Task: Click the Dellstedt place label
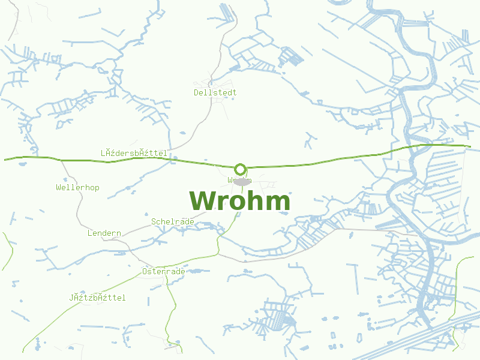coord(215,92)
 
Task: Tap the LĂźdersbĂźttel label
coord(134,154)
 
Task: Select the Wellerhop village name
coord(77,187)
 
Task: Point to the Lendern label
coord(104,233)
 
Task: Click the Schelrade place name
coord(173,221)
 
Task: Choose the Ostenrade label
coord(164,271)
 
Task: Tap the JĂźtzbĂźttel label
coord(97,298)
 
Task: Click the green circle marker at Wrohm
coord(241,169)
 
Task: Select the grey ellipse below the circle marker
coord(241,181)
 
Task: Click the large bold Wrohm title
coord(240,201)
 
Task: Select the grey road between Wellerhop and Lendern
coord(78,207)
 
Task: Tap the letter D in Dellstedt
coord(197,92)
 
